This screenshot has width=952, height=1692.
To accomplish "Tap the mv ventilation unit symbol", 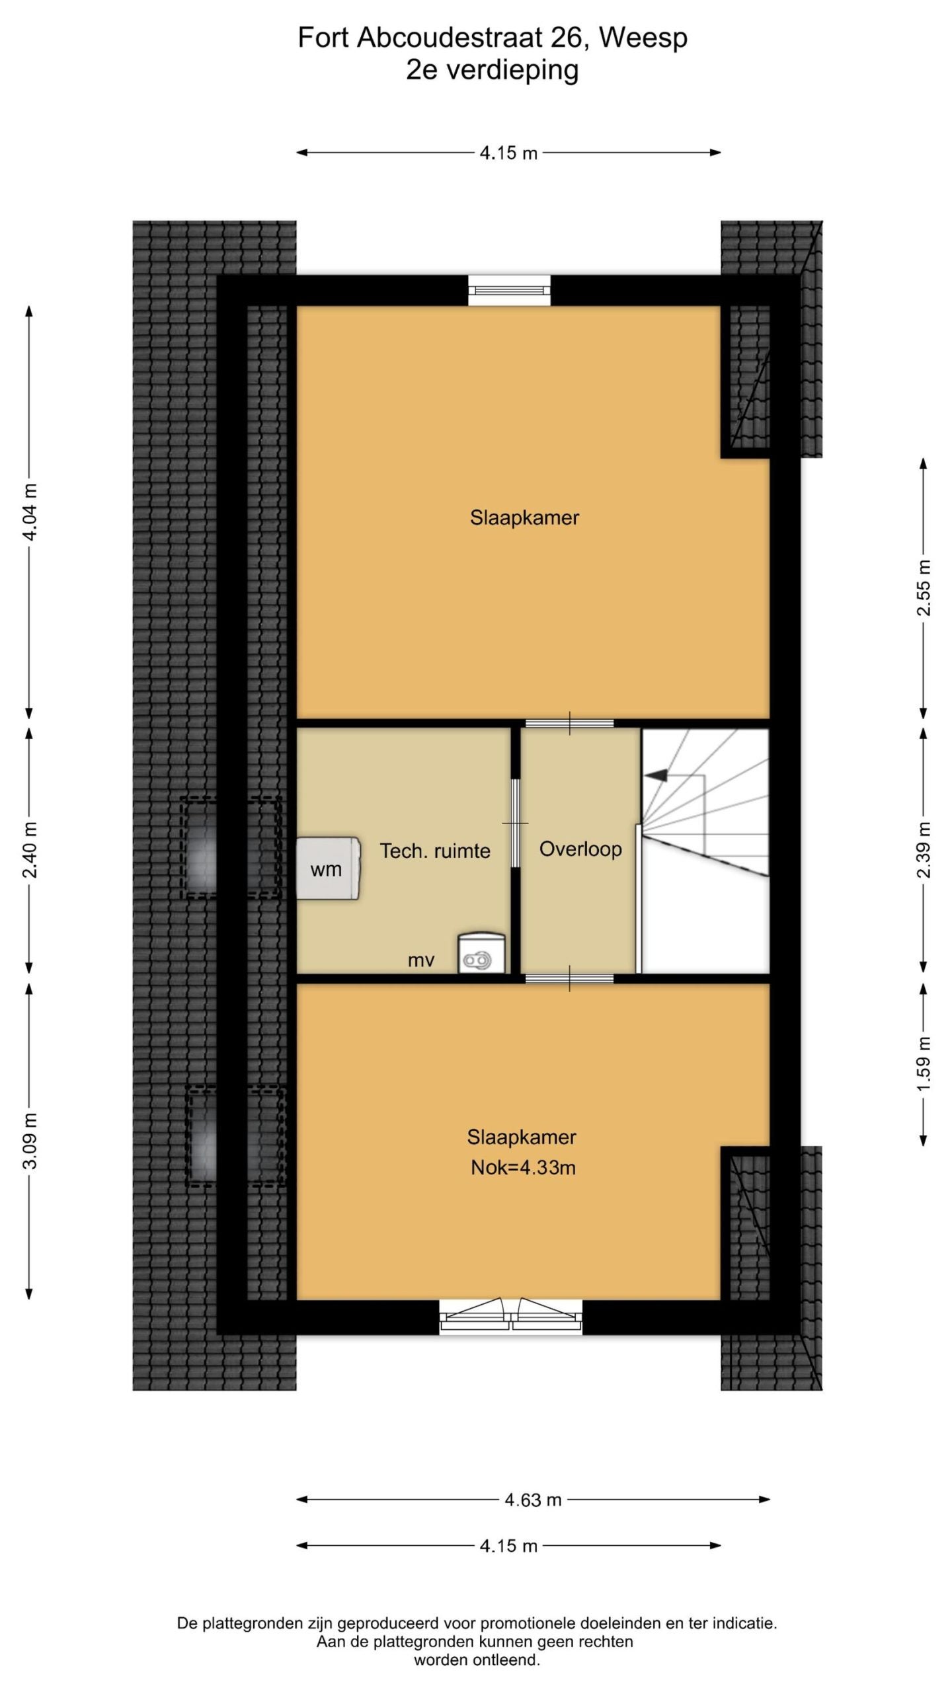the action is pyautogui.click(x=482, y=953).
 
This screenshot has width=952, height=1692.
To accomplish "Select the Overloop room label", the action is pyautogui.click(x=580, y=849).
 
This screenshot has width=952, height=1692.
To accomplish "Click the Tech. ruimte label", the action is pyautogui.click(x=435, y=851).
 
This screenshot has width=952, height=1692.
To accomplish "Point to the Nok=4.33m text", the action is pyautogui.click(x=523, y=1168).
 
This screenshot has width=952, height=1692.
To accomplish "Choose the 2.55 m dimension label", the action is pyautogui.click(x=924, y=588).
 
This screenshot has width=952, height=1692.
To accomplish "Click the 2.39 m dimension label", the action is pyautogui.click(x=924, y=849).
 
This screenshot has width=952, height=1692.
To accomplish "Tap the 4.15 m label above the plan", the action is pyautogui.click(x=508, y=153).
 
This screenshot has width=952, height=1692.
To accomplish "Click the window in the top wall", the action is pyautogui.click(x=509, y=290).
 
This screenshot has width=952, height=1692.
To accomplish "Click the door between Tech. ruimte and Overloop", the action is pyautogui.click(x=516, y=823).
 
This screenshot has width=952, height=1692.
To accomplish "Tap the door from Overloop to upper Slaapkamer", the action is pyautogui.click(x=570, y=723).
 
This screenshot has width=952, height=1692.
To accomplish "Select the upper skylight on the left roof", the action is pyautogui.click(x=231, y=848).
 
